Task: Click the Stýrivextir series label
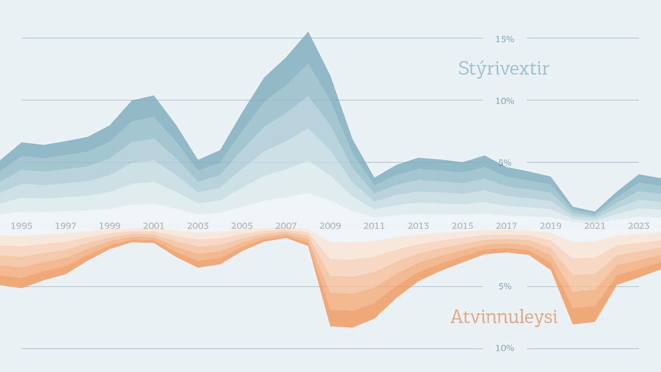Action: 504,69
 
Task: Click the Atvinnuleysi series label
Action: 504,317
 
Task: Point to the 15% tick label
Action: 505,39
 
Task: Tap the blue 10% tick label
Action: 505,101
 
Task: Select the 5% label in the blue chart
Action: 505,163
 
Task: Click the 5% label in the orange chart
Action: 505,287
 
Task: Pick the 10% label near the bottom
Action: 505,348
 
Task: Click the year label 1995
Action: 21,226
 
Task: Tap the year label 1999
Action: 110,226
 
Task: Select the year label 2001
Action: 154,226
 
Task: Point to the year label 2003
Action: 198,226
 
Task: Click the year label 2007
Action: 286,226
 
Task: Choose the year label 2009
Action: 330,226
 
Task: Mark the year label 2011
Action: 374,226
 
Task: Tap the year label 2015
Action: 462,226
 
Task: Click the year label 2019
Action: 550,226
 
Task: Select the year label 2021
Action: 594,226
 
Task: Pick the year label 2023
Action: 638,226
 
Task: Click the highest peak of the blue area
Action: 308,32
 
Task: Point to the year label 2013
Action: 418,226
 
